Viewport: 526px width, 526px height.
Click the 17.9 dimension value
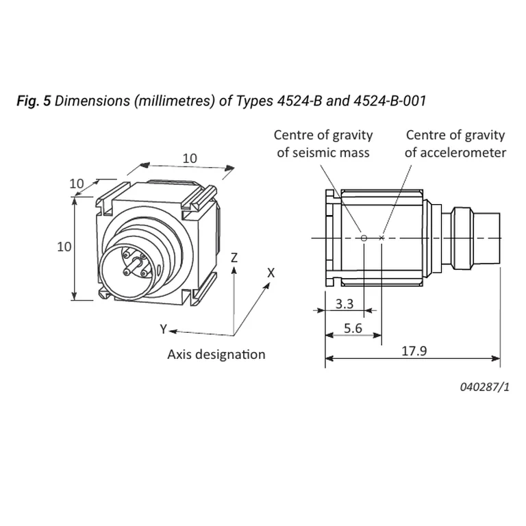point(414,351)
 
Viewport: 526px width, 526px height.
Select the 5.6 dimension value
point(353,328)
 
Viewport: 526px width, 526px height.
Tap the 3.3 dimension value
point(345,304)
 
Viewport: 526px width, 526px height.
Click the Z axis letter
point(234,258)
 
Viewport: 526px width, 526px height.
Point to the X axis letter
point(271,273)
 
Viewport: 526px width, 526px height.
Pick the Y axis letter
point(164,329)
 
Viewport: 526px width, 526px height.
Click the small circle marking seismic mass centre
point(364,238)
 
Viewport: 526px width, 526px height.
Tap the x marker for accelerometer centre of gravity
point(381,238)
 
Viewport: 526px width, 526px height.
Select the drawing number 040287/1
point(484,387)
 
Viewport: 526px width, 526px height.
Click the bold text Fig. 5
point(34,101)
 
